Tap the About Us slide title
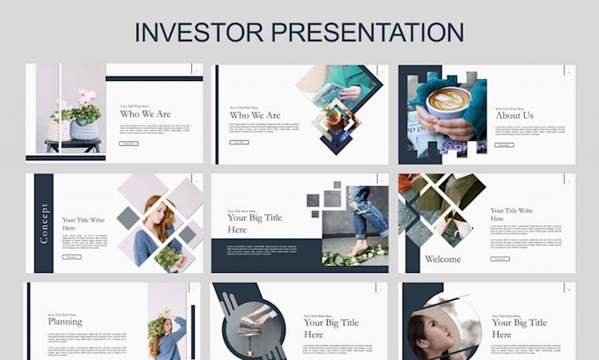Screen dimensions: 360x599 [x=514, y=115]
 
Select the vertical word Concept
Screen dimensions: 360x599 [x=44, y=224]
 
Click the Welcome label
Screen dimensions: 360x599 [x=443, y=259]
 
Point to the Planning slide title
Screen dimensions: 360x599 [x=65, y=321]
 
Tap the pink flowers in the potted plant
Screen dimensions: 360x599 [x=86, y=95]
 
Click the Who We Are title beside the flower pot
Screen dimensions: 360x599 [x=145, y=114]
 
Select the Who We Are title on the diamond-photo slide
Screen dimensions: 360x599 [x=255, y=115]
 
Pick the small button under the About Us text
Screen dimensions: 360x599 [x=504, y=144]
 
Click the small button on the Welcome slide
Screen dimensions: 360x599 [x=499, y=259]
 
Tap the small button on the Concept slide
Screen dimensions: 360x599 [x=71, y=257]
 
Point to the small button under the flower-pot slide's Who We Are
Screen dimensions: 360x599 [x=129, y=143]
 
